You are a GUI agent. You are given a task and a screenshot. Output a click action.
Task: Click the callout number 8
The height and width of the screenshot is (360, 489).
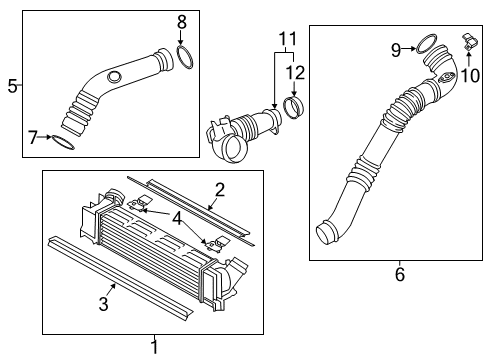(x=182, y=22)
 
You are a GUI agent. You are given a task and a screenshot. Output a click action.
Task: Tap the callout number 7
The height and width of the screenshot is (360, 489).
(x=33, y=137)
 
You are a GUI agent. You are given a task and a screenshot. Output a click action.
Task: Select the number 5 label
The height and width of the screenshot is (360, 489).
(x=12, y=86)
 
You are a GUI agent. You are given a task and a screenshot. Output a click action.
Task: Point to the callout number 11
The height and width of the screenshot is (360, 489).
(x=287, y=39)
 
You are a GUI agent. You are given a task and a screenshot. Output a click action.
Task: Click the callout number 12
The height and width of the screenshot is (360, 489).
(x=295, y=73)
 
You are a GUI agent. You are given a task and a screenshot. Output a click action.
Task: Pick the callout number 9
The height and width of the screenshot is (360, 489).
(x=396, y=50)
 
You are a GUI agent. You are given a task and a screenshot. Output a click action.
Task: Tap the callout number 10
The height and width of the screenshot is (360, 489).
(x=470, y=75)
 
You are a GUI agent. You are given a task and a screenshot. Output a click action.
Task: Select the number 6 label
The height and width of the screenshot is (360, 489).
(x=400, y=274)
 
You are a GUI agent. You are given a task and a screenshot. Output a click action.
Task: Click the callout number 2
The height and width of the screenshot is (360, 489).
(x=220, y=190)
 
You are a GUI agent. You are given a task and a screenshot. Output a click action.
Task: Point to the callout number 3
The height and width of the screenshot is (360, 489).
(x=104, y=304)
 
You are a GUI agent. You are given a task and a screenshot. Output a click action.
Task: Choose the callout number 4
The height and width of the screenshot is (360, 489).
(x=177, y=219)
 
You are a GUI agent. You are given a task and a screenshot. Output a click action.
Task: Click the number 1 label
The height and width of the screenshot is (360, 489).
(x=154, y=347)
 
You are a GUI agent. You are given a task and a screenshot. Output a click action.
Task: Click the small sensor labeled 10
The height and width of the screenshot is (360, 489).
(x=470, y=42)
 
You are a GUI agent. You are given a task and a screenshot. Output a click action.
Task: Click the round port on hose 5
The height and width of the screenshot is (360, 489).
(x=115, y=77)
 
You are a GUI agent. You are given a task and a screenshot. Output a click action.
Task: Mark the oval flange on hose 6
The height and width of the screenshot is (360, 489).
(x=446, y=78)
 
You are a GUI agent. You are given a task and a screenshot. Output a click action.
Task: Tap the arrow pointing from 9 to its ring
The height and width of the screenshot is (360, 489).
(x=408, y=49)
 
